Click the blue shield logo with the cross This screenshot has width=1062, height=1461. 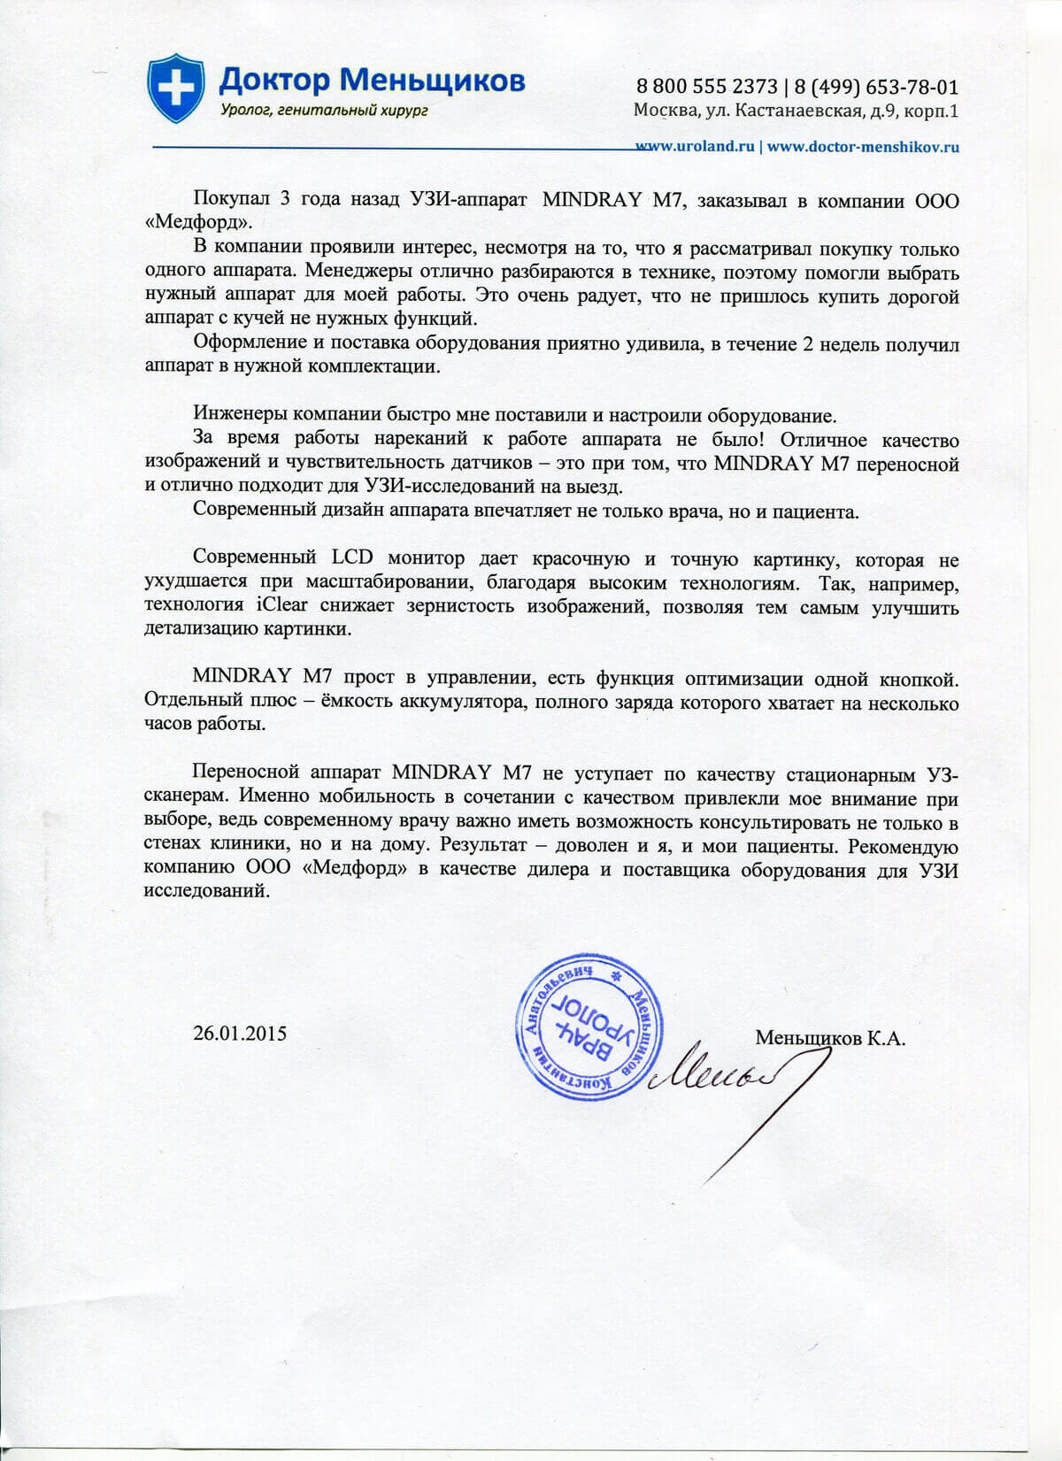(x=176, y=88)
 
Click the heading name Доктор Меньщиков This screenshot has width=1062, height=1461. (x=372, y=81)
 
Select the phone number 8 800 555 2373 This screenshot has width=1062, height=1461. (x=706, y=87)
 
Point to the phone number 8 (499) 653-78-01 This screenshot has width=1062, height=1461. (x=876, y=87)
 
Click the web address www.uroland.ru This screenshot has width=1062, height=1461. (x=696, y=147)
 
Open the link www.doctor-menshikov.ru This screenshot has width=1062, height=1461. (x=863, y=147)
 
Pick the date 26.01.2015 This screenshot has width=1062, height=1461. (x=240, y=1033)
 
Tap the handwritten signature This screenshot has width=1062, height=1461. (x=735, y=1084)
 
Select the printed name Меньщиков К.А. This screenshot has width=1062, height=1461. (x=830, y=1038)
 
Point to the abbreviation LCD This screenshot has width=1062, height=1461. (x=351, y=559)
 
